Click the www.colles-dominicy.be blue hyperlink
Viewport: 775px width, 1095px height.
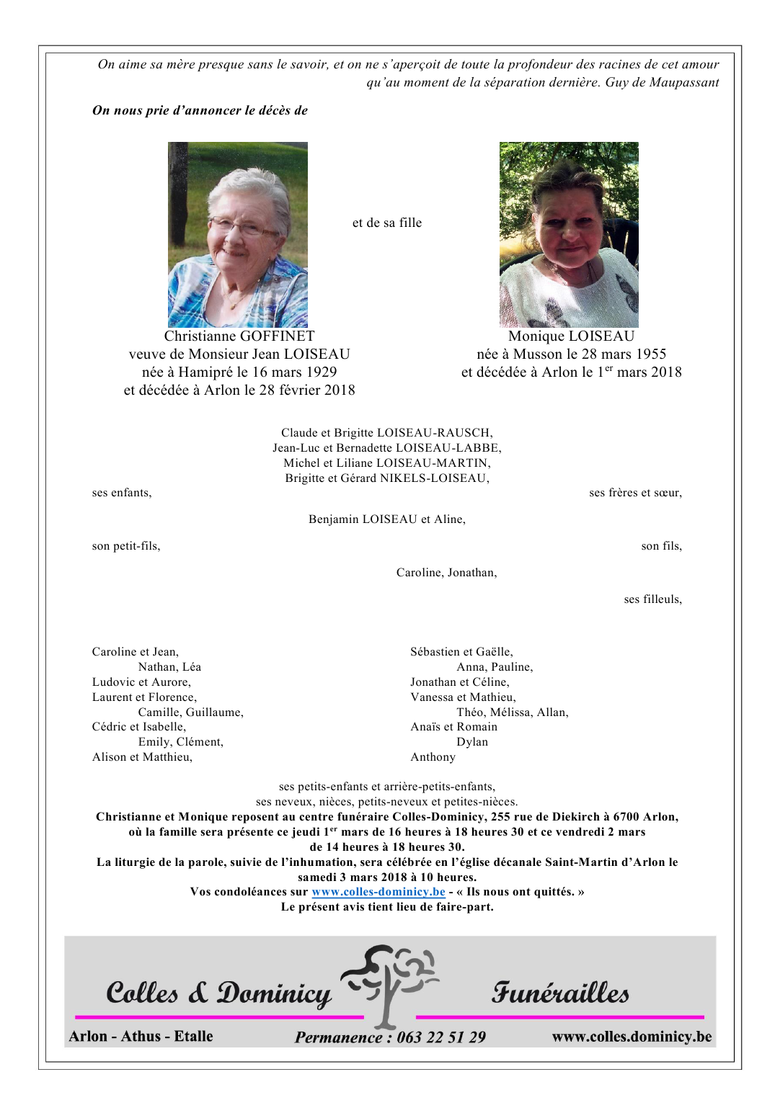point(378,892)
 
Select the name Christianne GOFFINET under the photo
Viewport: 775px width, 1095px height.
point(239,336)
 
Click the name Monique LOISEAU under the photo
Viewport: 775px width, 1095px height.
point(571,336)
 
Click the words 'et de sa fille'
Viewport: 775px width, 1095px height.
point(387,223)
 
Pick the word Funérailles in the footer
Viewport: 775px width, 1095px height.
point(560,993)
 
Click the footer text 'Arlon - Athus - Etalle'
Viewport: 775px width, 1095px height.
point(141,1037)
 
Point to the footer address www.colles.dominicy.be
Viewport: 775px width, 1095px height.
point(632,1037)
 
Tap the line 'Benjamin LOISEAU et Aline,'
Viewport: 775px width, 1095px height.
point(387,519)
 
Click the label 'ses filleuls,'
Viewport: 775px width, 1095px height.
point(652,599)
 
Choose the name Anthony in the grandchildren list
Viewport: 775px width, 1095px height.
point(433,757)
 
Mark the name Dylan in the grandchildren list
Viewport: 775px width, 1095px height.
point(472,742)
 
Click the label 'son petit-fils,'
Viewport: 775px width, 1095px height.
point(126,546)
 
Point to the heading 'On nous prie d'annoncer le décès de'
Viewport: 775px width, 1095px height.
point(200,111)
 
